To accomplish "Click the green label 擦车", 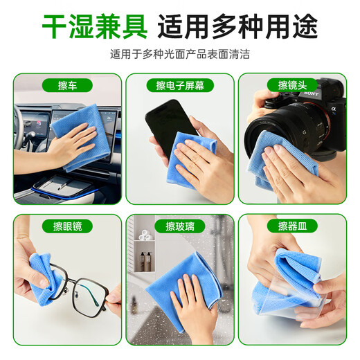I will click(68, 85).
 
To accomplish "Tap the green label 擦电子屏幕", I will click(179, 85).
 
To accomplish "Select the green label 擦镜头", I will click(291, 85).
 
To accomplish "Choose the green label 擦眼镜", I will click(68, 226).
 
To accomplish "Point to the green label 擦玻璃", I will click(179, 226).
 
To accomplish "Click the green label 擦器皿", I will click(291, 226).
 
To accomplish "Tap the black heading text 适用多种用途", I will click(237, 28).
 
